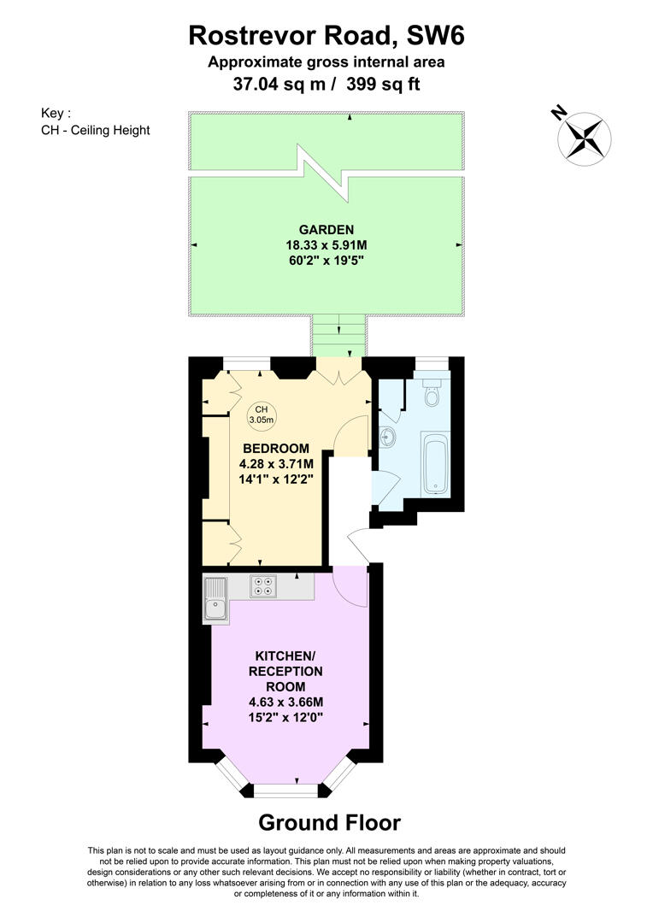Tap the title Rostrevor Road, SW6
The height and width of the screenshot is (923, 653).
[x=326, y=36]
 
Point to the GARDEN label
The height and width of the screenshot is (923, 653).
[x=326, y=229]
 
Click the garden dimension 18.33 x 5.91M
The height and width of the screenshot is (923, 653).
[x=326, y=244]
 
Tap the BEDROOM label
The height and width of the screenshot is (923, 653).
[x=275, y=449]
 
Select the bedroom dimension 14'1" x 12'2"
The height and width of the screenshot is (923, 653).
[x=275, y=479]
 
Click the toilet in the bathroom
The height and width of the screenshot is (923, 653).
[x=432, y=394]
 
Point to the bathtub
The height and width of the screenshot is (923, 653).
[x=435, y=462]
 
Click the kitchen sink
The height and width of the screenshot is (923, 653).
[x=216, y=599]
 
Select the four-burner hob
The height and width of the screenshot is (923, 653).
[x=263, y=585]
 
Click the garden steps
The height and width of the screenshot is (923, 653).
[x=339, y=335]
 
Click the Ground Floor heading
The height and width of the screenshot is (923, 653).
[x=329, y=823]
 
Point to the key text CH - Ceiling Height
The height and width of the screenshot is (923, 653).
[x=95, y=131]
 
